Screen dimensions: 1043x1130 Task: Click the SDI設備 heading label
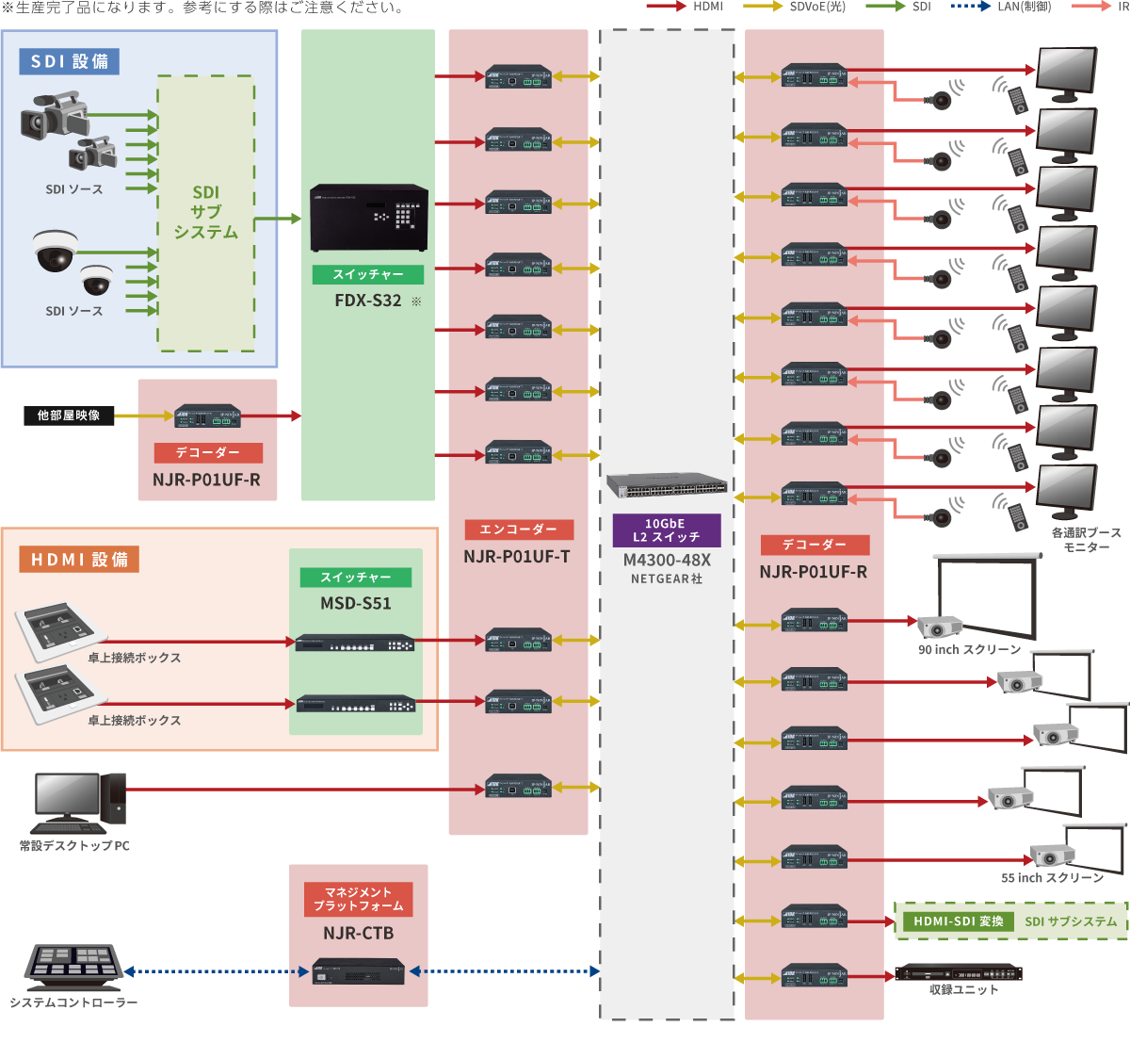coord(69,62)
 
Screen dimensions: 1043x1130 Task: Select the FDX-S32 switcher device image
coord(369,218)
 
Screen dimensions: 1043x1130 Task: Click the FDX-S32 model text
coord(368,301)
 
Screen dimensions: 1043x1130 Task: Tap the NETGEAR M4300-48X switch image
coord(667,485)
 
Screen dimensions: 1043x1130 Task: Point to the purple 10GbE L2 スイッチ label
coord(666,530)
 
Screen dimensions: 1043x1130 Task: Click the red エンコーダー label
coord(518,530)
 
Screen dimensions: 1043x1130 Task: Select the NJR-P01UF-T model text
coord(516,557)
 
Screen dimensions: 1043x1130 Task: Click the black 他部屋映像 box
coord(69,416)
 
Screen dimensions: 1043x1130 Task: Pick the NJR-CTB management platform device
coord(358,971)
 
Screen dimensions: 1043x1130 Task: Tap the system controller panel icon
coord(73,964)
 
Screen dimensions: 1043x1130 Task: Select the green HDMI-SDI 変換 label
coord(959,921)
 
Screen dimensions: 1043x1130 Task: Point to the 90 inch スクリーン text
coord(969,650)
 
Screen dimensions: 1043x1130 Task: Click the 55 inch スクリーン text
coord(1052,878)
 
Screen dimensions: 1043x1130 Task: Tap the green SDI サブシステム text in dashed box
coord(1071,921)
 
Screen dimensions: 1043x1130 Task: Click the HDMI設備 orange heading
coord(79,560)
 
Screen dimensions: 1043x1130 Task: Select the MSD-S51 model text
coord(355,603)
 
